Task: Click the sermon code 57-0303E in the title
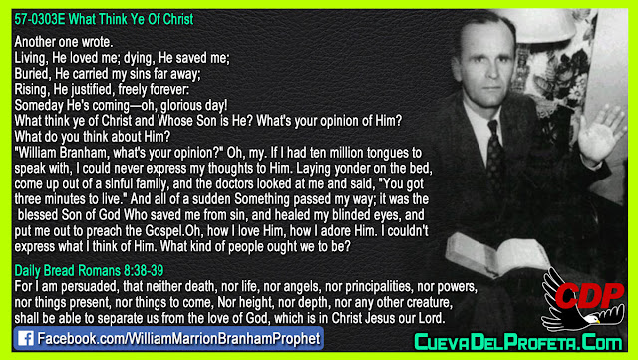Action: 40,19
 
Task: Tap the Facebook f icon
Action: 26,338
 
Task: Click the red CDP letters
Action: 589,295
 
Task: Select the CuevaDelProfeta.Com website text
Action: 518,341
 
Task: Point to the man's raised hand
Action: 600,133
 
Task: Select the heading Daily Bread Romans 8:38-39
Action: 89,270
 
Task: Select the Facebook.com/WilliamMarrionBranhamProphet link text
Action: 179,339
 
